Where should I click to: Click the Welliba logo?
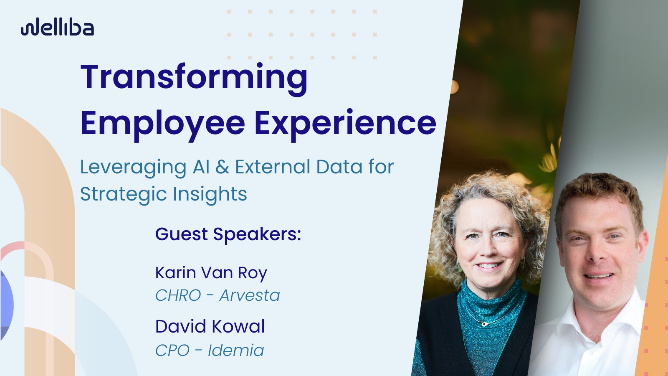(58, 28)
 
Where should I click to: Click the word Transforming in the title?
(194, 78)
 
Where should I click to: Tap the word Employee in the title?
(162, 124)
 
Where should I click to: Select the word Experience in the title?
(345, 124)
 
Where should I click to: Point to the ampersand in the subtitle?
(223, 167)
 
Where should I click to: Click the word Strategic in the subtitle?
(123, 195)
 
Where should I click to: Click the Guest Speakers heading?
(228, 234)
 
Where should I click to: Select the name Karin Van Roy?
(211, 273)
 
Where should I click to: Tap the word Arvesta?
(250, 295)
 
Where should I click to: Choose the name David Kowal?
(210, 327)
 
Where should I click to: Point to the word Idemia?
(236, 351)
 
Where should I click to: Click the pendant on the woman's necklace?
(484, 324)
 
